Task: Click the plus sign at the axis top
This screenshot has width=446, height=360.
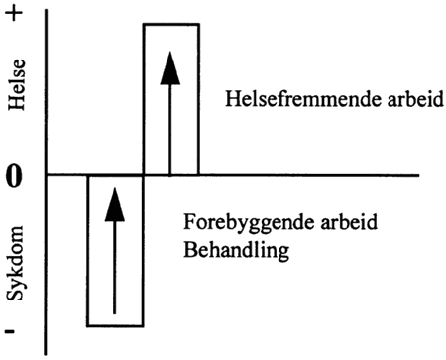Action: pyautogui.click(x=15, y=17)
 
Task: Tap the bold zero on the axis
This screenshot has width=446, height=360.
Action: pyautogui.click(x=14, y=178)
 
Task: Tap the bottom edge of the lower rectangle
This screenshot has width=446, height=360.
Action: pyautogui.click(x=115, y=325)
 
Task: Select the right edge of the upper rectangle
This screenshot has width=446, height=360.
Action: pyautogui.click(x=198, y=99)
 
